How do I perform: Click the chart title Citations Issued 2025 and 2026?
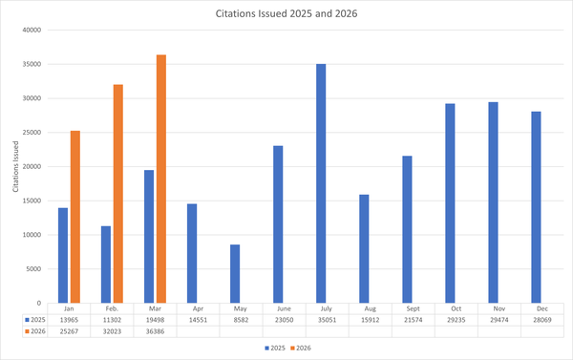(286, 14)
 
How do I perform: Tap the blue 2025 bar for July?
(321, 182)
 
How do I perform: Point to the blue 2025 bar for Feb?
(106, 263)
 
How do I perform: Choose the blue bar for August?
(364, 247)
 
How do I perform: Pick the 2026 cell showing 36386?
(155, 331)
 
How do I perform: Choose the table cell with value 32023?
(112, 331)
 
